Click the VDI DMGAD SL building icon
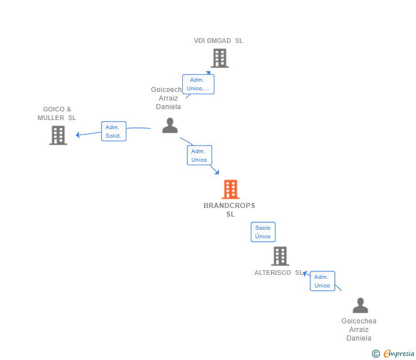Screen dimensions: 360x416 coord(219,58)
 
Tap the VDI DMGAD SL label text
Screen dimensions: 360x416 coord(218,41)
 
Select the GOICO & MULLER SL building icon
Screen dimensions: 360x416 coord(58,135)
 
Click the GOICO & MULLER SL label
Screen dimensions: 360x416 coord(57,113)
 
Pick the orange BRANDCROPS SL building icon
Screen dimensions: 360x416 coord(230,189)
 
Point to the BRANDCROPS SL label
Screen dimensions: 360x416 coord(230,210)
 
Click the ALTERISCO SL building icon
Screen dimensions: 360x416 coord(280,256)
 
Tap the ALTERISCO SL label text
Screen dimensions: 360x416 coord(279,273)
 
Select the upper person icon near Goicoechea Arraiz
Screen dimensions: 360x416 coord(170,125)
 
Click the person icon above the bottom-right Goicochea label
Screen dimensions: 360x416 coord(360,305)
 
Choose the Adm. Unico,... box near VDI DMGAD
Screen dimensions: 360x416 coord(198,84)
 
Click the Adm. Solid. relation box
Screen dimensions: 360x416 coord(113,131)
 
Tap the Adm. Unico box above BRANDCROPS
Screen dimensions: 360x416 coord(199,155)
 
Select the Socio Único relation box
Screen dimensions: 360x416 coord(263,232)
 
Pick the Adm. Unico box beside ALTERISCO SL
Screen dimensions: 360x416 coord(322,281)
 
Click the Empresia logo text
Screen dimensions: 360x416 coord(399,354)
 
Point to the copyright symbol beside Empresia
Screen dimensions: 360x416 coord(375,354)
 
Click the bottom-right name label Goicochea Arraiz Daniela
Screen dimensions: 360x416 coord(359,330)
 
